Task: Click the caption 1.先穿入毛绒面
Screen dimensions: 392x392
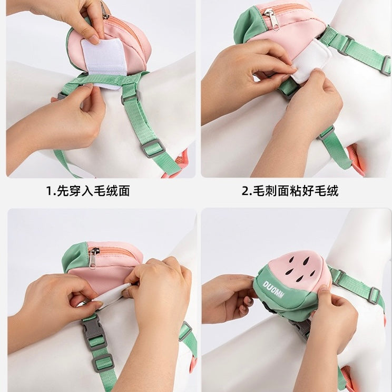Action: [x=88, y=191]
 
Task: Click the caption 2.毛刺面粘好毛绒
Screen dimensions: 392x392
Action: [x=290, y=191]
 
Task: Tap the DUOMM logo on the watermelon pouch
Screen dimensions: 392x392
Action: [x=273, y=289]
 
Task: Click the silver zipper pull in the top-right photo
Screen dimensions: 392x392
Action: [x=272, y=19]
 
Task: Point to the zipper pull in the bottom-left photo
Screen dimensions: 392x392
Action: [x=93, y=258]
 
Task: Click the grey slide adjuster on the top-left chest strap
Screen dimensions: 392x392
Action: [x=152, y=148]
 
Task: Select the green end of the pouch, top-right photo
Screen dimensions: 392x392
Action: [x=246, y=25]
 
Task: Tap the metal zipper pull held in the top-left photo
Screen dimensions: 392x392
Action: [x=104, y=11]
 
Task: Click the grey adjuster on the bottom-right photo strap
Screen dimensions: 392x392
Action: [x=374, y=295]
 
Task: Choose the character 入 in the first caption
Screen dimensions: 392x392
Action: [x=88, y=191]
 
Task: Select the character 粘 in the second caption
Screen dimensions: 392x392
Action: [x=296, y=191]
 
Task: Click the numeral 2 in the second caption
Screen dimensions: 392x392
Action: [x=245, y=191]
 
